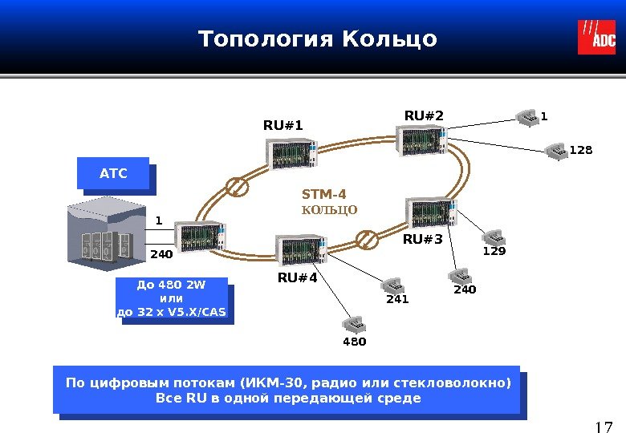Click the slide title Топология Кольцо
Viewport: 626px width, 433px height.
318,38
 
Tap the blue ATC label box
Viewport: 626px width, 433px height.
113,172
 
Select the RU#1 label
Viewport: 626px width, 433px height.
283,125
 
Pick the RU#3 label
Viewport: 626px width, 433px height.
422,238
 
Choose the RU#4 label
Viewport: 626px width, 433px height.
298,277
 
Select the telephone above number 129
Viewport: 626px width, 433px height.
493,237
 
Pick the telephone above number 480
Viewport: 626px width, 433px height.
353,323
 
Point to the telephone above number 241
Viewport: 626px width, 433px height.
392,285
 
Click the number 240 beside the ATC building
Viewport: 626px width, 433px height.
161,254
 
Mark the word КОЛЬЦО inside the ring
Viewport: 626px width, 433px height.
329,210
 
